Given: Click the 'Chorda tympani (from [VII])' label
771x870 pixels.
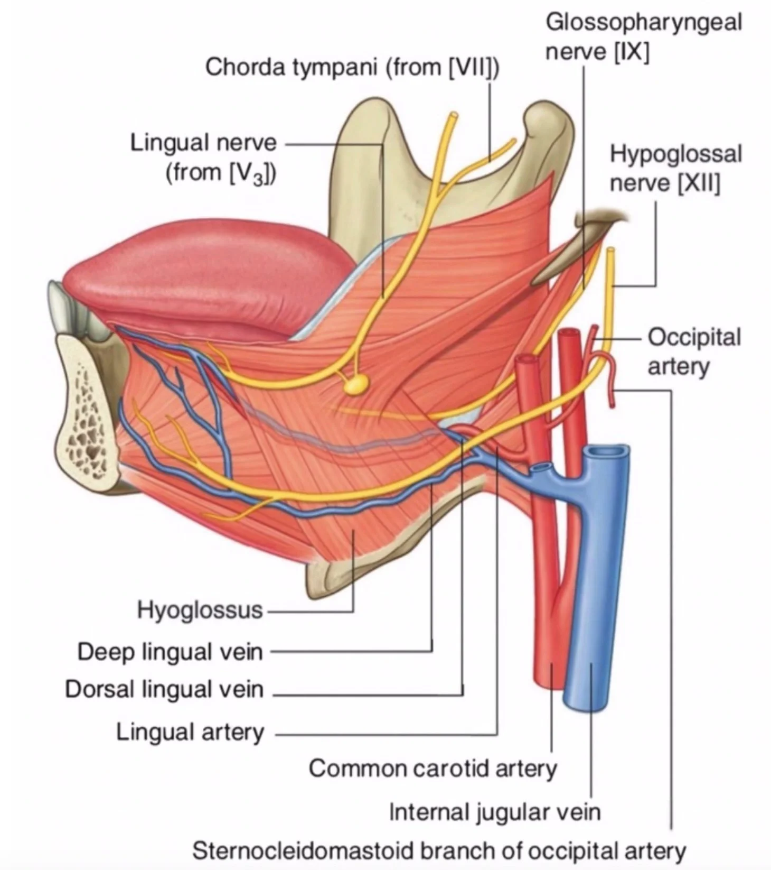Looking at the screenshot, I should pyautogui.click(x=352, y=67).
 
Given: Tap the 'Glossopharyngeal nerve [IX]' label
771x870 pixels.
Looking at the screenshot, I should pyautogui.click(x=643, y=37).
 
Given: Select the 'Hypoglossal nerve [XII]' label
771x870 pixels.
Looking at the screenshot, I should pyautogui.click(x=675, y=168).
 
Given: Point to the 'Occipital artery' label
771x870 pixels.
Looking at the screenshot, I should pyautogui.click(x=694, y=351).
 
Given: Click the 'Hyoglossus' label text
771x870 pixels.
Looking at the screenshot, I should pyautogui.click(x=200, y=610).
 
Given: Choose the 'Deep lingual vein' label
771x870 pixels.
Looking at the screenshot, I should pyautogui.click(x=170, y=651).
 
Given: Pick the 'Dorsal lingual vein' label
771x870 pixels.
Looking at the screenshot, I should pyautogui.click(x=164, y=689).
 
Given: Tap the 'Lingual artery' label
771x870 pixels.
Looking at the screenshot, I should pyautogui.click(x=190, y=732).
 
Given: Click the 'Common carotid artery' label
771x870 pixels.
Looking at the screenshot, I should pyautogui.click(x=432, y=768).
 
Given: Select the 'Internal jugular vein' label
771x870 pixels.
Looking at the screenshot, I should pyautogui.click(x=495, y=811).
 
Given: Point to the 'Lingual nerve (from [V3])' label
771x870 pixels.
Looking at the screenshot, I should pyautogui.click(x=203, y=158).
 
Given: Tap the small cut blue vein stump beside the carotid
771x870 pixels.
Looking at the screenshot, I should pyautogui.click(x=542, y=468).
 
